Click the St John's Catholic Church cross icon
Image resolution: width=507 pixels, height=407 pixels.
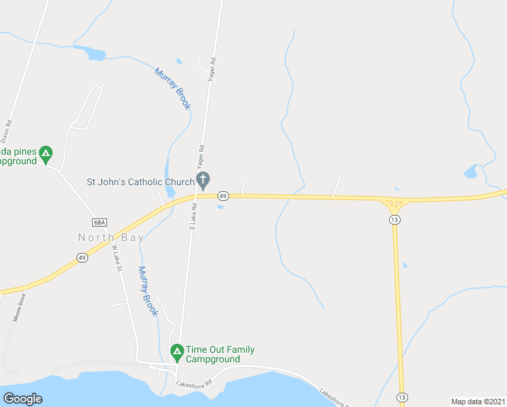(x=203, y=180)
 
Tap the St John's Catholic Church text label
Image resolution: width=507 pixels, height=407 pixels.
(x=140, y=182)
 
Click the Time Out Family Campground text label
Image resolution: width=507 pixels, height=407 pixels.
(x=220, y=354)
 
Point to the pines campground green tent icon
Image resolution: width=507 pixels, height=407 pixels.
(x=45, y=153)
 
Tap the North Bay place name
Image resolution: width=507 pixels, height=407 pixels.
(x=110, y=237)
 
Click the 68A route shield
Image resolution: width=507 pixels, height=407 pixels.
(x=100, y=222)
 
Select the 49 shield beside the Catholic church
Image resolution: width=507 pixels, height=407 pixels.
(x=223, y=196)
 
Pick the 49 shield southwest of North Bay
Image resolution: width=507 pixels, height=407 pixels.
(x=82, y=258)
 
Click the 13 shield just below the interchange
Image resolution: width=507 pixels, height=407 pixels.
(x=394, y=220)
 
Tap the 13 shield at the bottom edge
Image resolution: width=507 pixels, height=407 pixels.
(x=402, y=397)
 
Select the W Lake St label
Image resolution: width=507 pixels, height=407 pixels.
(x=117, y=258)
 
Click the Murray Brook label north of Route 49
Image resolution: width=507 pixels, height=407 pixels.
(x=173, y=88)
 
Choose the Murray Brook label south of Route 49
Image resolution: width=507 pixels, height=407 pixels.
(x=148, y=291)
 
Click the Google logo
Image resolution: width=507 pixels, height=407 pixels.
(x=22, y=398)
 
